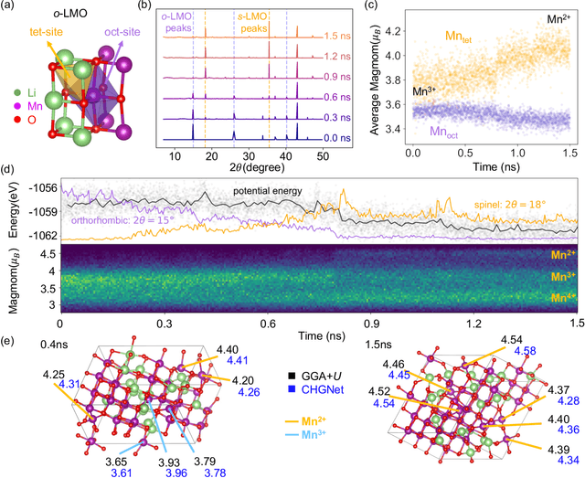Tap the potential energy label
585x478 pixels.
coord(266,190)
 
